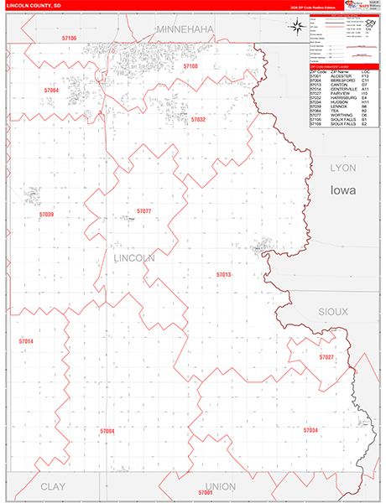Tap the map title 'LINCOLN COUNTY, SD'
[x=33, y=6]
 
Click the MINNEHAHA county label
[x=185, y=29]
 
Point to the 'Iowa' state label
[x=342, y=190]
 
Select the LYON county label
[x=342, y=168]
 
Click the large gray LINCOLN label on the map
[x=133, y=259]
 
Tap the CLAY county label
[x=52, y=486]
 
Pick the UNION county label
[x=220, y=486]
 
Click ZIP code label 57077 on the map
[x=143, y=211]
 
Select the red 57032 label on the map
[x=198, y=120]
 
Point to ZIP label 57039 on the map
[x=46, y=215]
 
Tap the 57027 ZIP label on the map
[x=326, y=357]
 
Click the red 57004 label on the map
[x=107, y=431]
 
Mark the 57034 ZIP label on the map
[x=310, y=429]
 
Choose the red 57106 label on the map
[x=69, y=39]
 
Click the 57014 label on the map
[x=26, y=341]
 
